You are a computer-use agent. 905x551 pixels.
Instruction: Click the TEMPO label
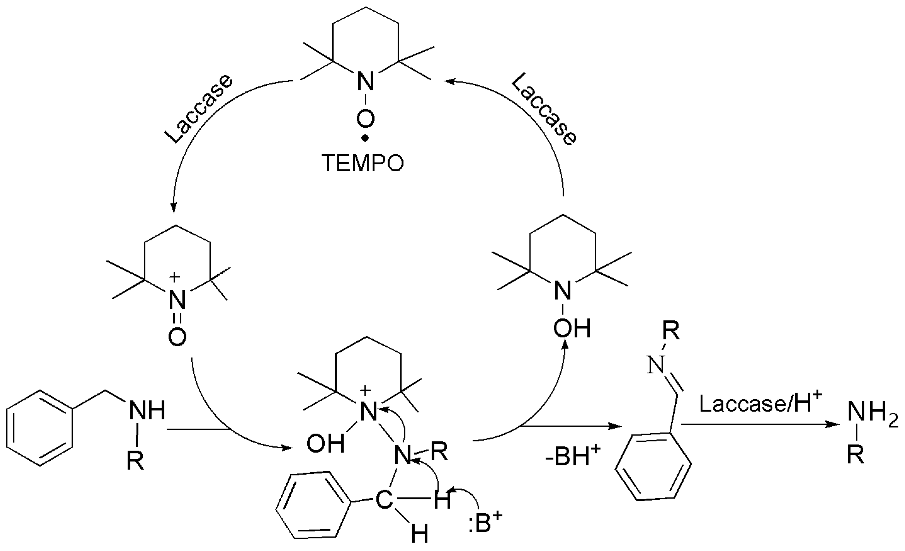click(x=363, y=163)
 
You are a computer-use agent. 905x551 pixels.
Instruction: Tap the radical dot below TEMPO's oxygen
click(x=365, y=139)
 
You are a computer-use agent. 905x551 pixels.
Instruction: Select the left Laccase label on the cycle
click(x=199, y=109)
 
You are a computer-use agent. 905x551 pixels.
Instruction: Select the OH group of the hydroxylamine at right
click(x=572, y=328)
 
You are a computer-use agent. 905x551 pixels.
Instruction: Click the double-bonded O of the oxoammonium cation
click(x=177, y=337)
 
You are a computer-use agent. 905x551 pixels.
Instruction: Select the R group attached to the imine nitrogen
click(x=671, y=332)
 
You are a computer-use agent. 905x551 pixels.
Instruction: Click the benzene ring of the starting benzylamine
click(x=40, y=428)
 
